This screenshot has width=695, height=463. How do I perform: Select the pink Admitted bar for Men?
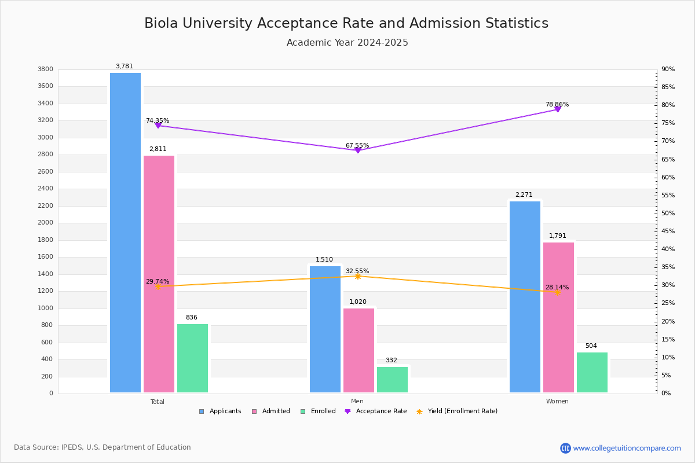click(x=359, y=350)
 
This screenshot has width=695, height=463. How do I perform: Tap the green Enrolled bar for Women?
click(x=592, y=372)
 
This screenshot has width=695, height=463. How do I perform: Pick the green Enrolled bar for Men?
click(x=392, y=380)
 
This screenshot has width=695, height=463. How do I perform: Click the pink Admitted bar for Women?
click(x=558, y=317)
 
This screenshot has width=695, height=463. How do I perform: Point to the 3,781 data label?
click(x=125, y=67)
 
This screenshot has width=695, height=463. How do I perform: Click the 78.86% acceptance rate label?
click(x=557, y=105)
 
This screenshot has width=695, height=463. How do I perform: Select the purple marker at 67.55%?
click(x=358, y=150)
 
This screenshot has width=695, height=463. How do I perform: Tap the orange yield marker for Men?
click(x=358, y=276)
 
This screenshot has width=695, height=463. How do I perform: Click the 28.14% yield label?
click(x=557, y=288)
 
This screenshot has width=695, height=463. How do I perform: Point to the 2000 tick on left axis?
click(x=46, y=223)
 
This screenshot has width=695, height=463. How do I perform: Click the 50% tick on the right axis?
click(x=668, y=214)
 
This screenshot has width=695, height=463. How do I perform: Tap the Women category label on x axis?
click(x=557, y=402)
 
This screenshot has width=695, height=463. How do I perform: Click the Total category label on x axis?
click(x=158, y=402)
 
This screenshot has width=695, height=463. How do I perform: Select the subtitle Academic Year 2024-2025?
click(x=348, y=43)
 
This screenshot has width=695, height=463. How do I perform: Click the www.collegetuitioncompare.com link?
click(x=627, y=448)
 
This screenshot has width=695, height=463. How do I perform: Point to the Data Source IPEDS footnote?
click(x=103, y=447)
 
